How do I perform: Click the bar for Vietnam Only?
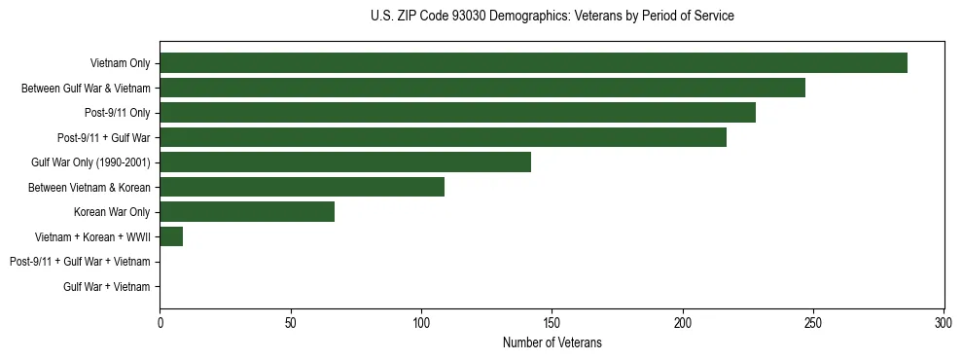pyautogui.click(x=533, y=63)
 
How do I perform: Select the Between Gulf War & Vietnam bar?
pyautogui.click(x=482, y=88)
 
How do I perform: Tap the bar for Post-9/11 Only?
pyautogui.click(x=457, y=113)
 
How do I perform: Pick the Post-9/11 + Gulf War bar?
pyautogui.click(x=443, y=137)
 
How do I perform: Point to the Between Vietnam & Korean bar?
pyautogui.click(x=302, y=187)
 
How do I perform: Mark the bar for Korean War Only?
pyautogui.click(x=247, y=212)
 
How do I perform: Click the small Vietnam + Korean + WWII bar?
pyautogui.click(x=171, y=236)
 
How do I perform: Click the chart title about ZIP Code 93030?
pyautogui.click(x=552, y=17)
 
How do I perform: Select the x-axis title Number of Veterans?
pyautogui.click(x=552, y=342)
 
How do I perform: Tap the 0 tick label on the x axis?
pyautogui.click(x=160, y=322)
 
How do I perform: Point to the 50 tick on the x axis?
pyautogui.click(x=291, y=322)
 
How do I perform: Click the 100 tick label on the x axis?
pyautogui.click(x=421, y=322)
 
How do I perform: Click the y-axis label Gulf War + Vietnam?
pyautogui.click(x=107, y=287)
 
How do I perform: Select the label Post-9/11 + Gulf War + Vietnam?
pyautogui.click(x=80, y=262)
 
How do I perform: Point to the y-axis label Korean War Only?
pyautogui.click(x=112, y=212)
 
